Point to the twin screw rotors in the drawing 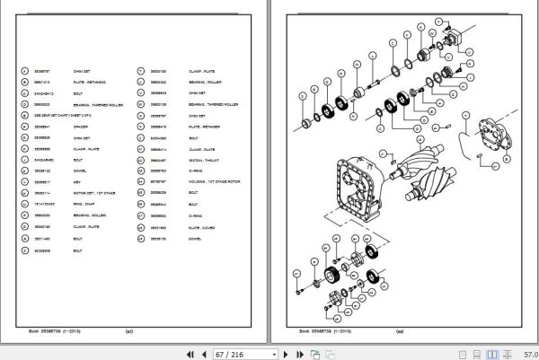point(429,167)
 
